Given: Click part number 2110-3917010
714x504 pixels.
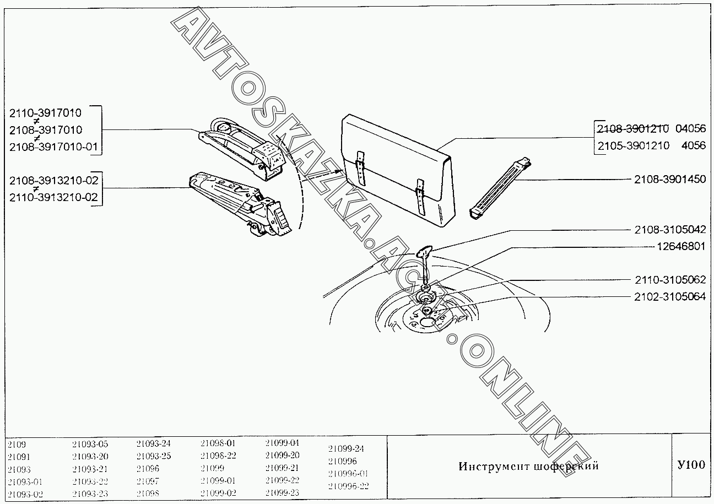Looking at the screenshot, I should [x=45, y=113].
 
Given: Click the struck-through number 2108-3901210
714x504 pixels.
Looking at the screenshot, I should [x=632, y=129].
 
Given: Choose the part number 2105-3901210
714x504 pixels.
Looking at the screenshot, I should [x=632, y=145].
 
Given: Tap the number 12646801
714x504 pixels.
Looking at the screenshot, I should [x=681, y=246].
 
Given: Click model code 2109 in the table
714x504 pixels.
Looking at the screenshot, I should [x=17, y=444].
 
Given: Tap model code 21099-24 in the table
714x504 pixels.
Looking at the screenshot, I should [x=345, y=448].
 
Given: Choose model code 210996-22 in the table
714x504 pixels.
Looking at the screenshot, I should [x=348, y=486].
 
